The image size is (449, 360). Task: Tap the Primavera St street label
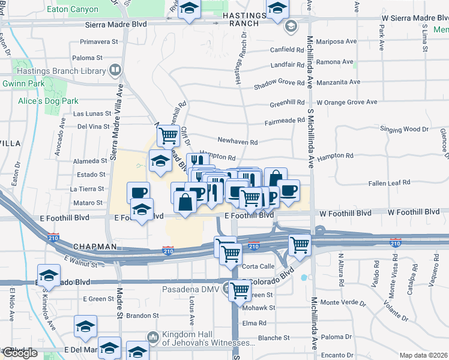pos(98,42)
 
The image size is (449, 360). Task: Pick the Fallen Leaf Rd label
pos(389,182)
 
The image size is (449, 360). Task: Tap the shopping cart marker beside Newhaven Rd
pos(169,136)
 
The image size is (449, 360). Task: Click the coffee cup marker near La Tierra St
pos(138,193)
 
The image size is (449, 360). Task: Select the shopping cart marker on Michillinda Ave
pos(299,244)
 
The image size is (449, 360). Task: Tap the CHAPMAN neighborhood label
pos(95,247)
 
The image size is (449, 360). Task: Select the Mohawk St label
pos(259,308)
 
